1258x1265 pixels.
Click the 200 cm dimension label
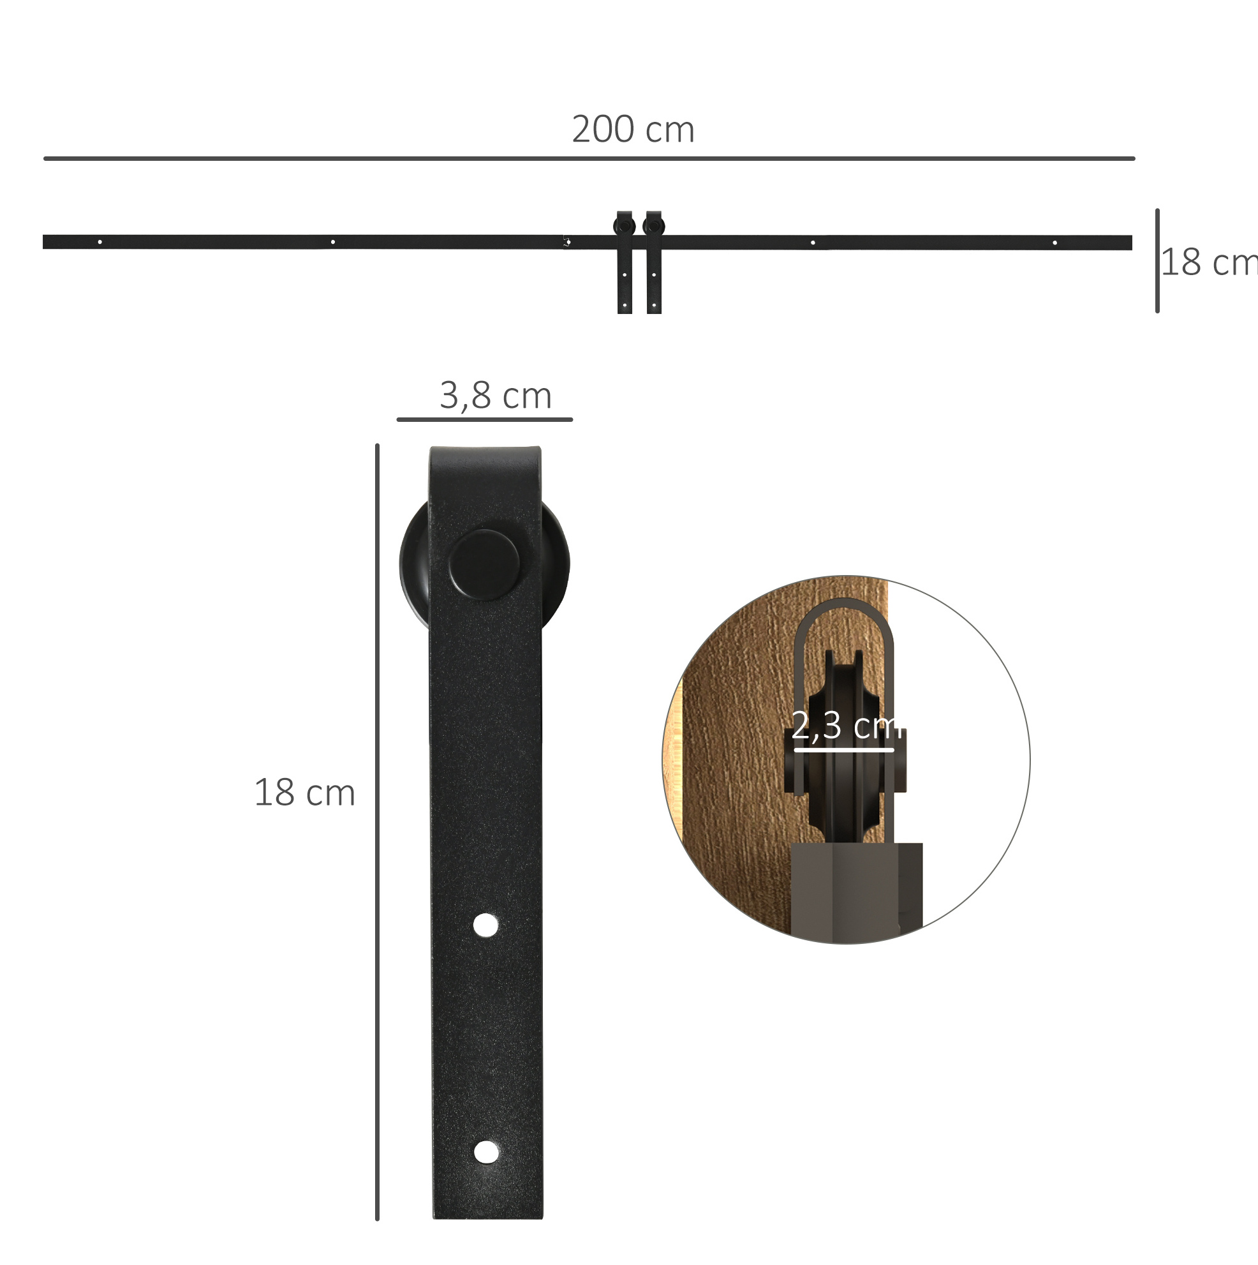pyautogui.click(x=633, y=129)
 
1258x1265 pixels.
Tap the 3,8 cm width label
pyautogui.click(x=496, y=396)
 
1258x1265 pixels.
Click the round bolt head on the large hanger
pyautogui.click(x=484, y=565)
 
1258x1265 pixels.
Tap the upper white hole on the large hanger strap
pyautogui.click(x=485, y=925)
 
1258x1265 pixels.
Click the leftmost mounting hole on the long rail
pyautogui.click(x=100, y=242)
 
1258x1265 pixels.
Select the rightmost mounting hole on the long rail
pyautogui.click(x=1054, y=243)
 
